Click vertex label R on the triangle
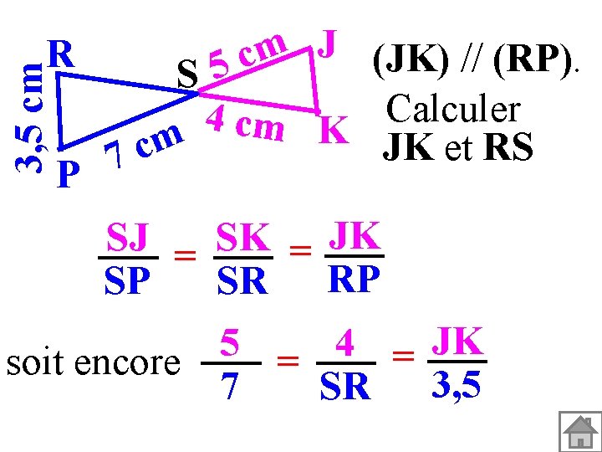pos(61,54)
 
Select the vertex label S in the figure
pos(189,76)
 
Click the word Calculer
pos(452,109)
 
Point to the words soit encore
pos(92,362)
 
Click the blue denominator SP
pos(127,281)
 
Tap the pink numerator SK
pos(242,239)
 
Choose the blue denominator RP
pos(355,280)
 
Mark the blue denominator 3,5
pos(457,384)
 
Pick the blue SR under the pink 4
pos(344,387)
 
